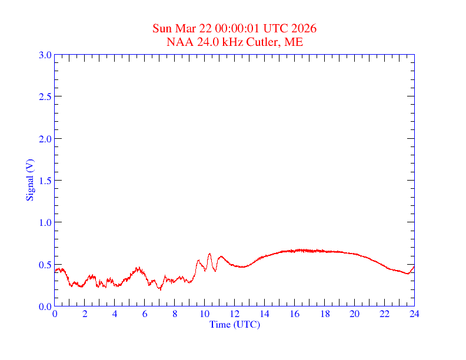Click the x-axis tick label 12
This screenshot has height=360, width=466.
click(x=235, y=314)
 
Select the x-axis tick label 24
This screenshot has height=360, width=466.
click(x=414, y=314)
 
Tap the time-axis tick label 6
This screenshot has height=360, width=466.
click(x=145, y=314)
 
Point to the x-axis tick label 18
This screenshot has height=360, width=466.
click(x=324, y=314)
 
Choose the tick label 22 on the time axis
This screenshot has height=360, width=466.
click(x=384, y=314)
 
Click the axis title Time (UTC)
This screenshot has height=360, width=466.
click(x=235, y=324)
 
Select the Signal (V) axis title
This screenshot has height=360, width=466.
click(x=29, y=180)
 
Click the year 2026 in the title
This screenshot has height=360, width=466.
click(x=305, y=29)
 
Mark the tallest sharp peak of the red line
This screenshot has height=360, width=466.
click(x=209, y=254)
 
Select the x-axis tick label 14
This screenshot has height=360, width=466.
click(x=265, y=314)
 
